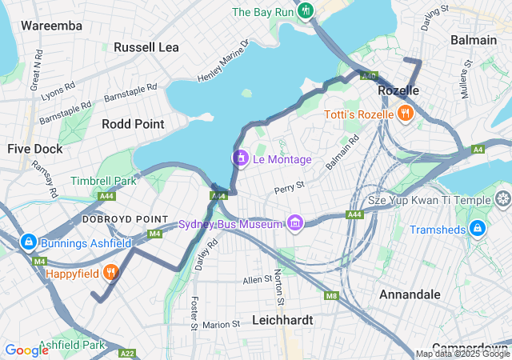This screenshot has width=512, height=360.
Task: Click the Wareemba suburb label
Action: coord(51,26)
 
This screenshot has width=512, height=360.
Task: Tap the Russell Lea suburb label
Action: coord(146,47)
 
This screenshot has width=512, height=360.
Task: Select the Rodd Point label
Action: coord(133,124)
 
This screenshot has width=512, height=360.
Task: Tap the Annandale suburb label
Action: coord(410,294)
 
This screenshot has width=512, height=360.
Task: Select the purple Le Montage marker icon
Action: coord(239,159)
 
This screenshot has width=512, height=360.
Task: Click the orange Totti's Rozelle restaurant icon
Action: coord(406,114)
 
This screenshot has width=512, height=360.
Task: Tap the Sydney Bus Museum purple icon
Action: coord(295,222)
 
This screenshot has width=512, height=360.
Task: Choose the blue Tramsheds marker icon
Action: coord(477,229)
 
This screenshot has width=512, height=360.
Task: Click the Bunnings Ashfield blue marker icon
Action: coord(28,241)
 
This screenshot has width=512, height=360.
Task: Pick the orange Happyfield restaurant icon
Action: coord(111,272)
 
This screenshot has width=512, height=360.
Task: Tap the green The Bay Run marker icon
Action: coord(307,11)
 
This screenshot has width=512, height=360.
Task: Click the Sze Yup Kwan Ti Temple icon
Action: coord(503,198)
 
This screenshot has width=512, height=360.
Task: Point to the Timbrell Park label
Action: coord(103,181)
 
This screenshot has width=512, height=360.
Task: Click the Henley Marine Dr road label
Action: coord(223,61)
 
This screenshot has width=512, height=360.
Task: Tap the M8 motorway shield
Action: coord(331,295)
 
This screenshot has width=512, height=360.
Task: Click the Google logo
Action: coord(26,350)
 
